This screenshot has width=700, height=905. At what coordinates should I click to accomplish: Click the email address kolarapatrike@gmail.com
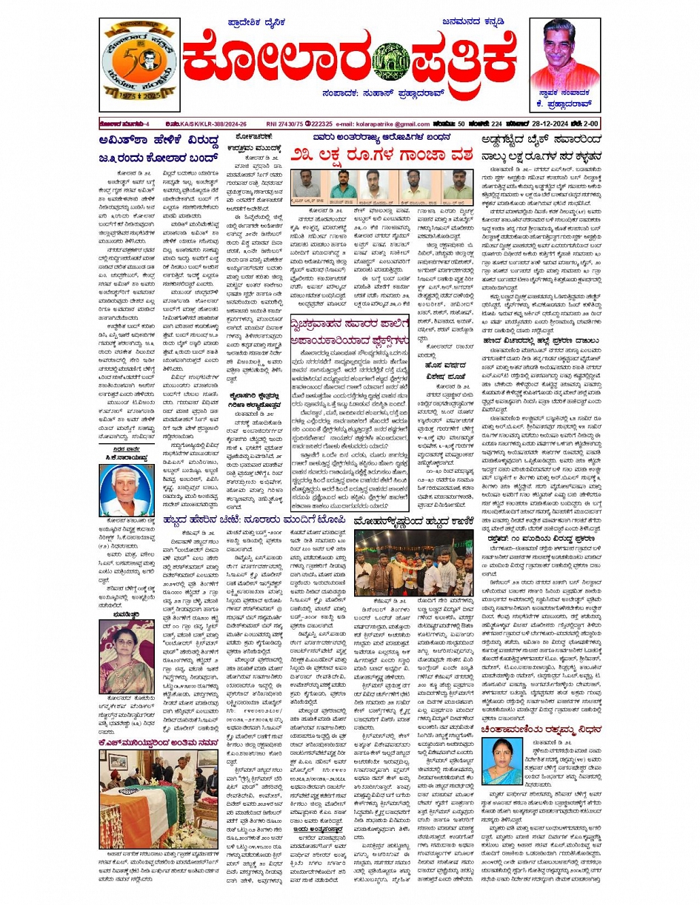(383, 124)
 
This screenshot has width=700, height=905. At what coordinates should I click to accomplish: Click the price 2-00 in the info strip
(590, 124)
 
